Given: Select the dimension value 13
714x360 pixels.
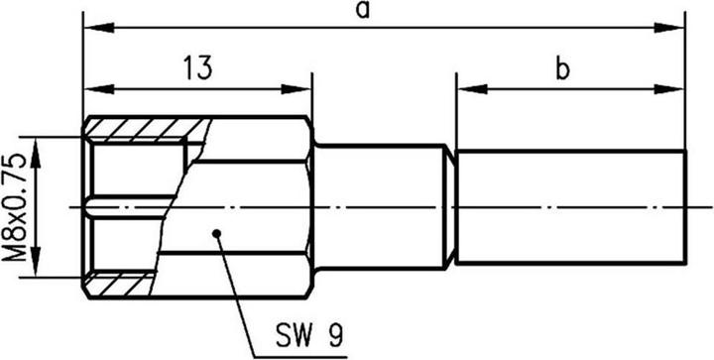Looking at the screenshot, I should pos(197,68).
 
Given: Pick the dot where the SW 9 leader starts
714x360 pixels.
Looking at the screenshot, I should pos(215,234).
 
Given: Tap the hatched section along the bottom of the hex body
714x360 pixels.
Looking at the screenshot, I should pos(119,287).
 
